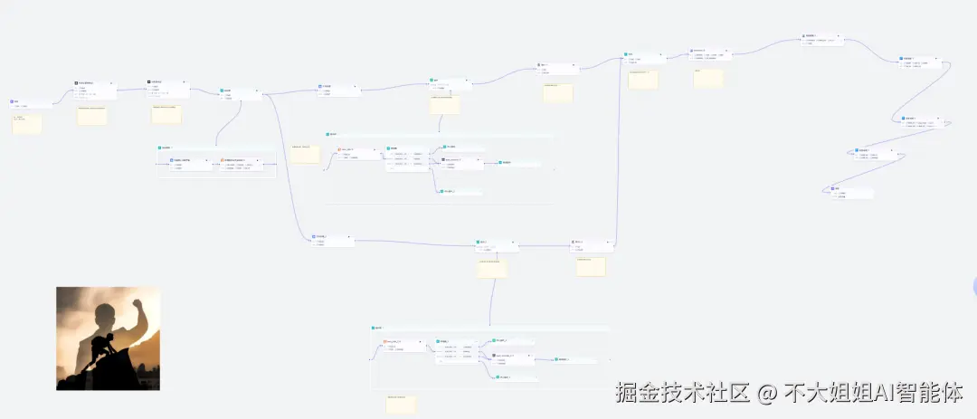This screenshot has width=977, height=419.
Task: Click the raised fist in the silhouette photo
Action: tap(138, 305)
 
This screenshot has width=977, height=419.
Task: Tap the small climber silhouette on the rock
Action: tap(106, 346)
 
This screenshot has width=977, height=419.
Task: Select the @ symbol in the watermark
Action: tap(767, 394)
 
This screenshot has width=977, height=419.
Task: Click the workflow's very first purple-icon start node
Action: tap(14, 102)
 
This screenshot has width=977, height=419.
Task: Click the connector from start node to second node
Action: tap(63, 96)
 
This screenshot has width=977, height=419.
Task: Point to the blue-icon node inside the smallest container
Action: tap(172, 160)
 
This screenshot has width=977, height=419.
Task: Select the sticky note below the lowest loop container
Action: tap(401, 404)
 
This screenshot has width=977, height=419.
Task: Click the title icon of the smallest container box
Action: tap(160, 147)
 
